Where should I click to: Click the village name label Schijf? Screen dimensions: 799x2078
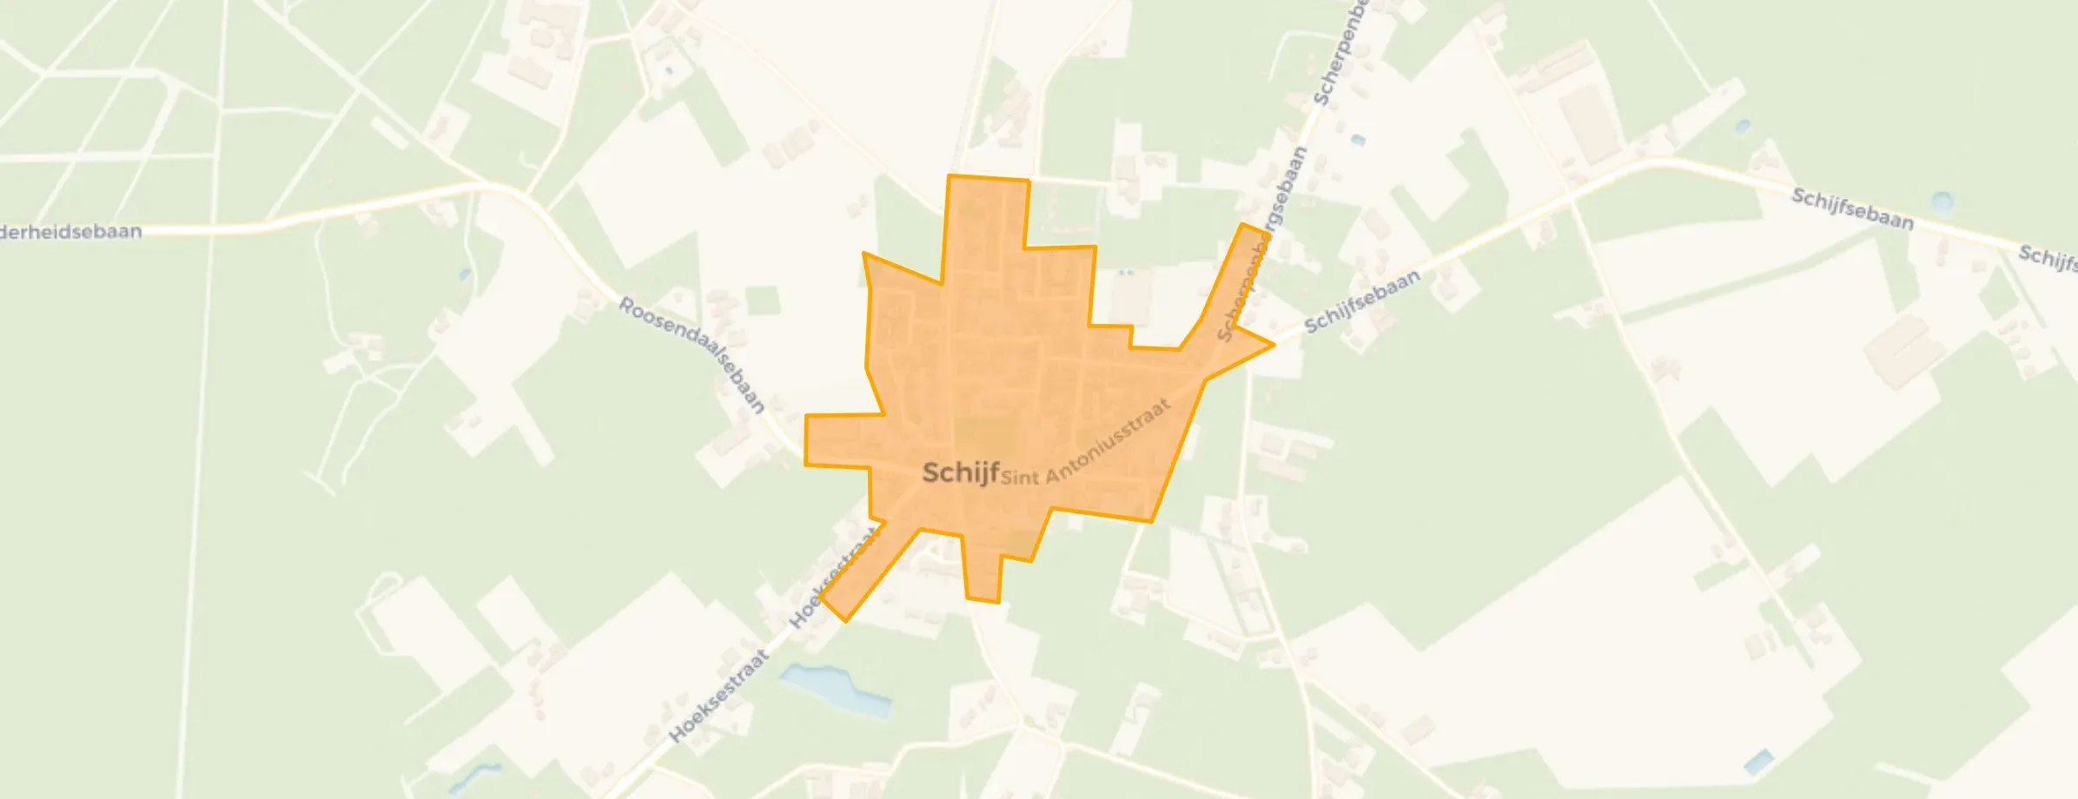pos(960,472)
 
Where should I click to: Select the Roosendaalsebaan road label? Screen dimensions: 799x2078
pos(692,355)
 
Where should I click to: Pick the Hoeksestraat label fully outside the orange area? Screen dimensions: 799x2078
pos(719,696)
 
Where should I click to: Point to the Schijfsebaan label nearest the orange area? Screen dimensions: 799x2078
pos(1363,300)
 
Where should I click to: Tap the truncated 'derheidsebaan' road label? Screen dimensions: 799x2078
pos(71,233)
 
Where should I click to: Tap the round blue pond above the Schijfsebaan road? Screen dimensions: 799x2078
pos(1942,202)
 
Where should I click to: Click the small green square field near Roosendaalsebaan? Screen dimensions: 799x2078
pos(762,300)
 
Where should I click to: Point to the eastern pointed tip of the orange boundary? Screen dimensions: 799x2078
pos(1273,345)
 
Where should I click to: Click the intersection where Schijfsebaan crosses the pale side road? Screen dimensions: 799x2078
pos(1571,200)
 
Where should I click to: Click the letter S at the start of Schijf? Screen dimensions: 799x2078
pos(930,472)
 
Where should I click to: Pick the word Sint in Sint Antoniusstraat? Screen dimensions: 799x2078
pos(1020,477)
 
